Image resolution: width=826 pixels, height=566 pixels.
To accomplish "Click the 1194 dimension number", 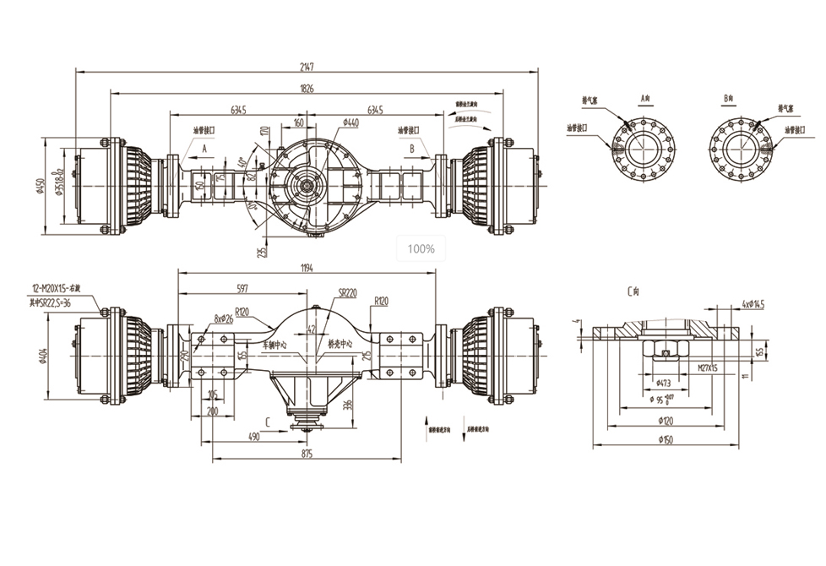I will coord(307,268).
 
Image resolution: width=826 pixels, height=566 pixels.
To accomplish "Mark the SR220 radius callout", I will coord(347,293).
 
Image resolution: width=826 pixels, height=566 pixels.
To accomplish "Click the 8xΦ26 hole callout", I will coord(223,318).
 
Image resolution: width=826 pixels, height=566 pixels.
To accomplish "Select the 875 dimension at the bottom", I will coord(306,454).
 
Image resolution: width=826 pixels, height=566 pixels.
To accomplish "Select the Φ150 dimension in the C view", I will coord(667,439).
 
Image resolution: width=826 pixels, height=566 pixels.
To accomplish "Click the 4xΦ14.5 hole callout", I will coord(751,303).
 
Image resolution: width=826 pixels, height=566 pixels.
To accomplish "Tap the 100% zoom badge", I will coord(421,248).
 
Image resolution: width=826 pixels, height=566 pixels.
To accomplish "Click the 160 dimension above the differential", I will coord(298,122).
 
